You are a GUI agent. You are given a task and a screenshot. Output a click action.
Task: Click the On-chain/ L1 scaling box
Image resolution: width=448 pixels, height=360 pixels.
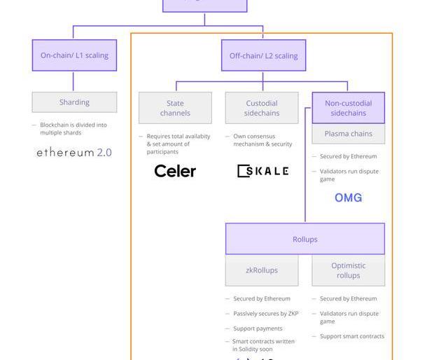(x=74, y=55)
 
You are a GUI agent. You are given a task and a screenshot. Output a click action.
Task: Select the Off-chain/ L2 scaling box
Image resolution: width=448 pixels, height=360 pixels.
(x=263, y=55)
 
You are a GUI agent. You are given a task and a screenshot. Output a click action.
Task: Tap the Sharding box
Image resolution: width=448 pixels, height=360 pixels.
(x=74, y=102)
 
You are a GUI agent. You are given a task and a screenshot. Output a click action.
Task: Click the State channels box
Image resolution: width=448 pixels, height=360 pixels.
(x=175, y=108)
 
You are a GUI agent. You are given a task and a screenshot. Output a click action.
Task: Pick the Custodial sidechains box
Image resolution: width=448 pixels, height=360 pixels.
(x=262, y=108)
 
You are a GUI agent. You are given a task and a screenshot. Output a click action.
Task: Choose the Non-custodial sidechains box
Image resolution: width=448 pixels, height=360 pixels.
(x=348, y=108)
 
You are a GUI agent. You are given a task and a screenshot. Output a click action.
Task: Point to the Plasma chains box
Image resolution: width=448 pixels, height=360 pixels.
(x=348, y=134)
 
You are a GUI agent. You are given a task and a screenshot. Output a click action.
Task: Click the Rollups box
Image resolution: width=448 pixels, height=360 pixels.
(x=304, y=239)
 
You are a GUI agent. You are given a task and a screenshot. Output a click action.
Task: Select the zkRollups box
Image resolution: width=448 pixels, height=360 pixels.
(x=262, y=270)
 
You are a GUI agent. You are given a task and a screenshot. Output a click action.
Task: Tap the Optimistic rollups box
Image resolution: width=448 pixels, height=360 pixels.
(x=348, y=270)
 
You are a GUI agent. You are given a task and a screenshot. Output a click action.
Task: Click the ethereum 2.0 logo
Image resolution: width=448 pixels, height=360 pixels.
(x=74, y=152)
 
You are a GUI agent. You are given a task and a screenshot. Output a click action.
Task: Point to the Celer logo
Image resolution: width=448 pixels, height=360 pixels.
(x=175, y=171)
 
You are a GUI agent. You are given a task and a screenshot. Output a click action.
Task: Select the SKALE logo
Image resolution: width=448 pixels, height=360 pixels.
(x=262, y=171)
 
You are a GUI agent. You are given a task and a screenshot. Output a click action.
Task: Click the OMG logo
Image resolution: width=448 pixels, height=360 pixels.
(x=348, y=198)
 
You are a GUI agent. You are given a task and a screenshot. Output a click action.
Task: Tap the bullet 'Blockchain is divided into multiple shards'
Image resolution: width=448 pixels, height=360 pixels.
(x=73, y=129)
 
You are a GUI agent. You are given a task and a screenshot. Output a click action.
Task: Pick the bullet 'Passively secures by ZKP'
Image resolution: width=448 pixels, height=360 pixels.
(x=265, y=314)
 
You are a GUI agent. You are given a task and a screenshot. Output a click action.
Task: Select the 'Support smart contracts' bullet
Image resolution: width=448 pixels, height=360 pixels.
(x=352, y=336)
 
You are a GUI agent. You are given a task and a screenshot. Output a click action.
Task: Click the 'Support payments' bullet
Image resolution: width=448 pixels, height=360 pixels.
(x=258, y=328)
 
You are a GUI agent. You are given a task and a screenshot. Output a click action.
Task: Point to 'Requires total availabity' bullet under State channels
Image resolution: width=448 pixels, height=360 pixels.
(x=178, y=144)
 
